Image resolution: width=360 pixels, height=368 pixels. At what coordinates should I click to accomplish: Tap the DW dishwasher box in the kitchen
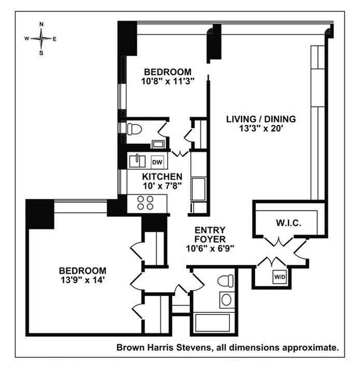tap(157, 161)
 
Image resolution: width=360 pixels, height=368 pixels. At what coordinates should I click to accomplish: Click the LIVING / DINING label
tap(261, 119)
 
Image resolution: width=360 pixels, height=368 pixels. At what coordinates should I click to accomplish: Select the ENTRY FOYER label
tap(210, 234)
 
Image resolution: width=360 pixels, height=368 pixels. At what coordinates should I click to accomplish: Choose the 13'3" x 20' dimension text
tap(261, 129)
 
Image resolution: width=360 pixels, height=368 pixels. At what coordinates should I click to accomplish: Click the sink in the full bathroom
tap(227, 299)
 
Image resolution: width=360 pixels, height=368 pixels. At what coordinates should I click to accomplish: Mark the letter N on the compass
tap(41, 24)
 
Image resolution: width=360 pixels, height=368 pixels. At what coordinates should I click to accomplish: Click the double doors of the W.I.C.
tap(279, 242)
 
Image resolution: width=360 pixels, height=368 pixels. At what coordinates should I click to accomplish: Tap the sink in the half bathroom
tap(158, 142)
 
